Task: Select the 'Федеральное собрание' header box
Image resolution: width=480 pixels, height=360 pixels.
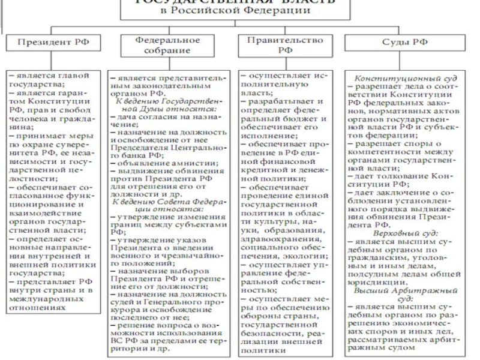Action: (167, 46)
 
